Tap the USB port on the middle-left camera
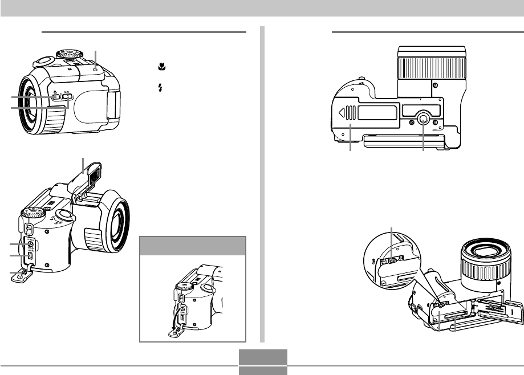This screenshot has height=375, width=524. pos(30,255)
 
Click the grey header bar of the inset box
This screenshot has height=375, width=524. pos(193,246)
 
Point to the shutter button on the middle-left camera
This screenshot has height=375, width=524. pos(64,215)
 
